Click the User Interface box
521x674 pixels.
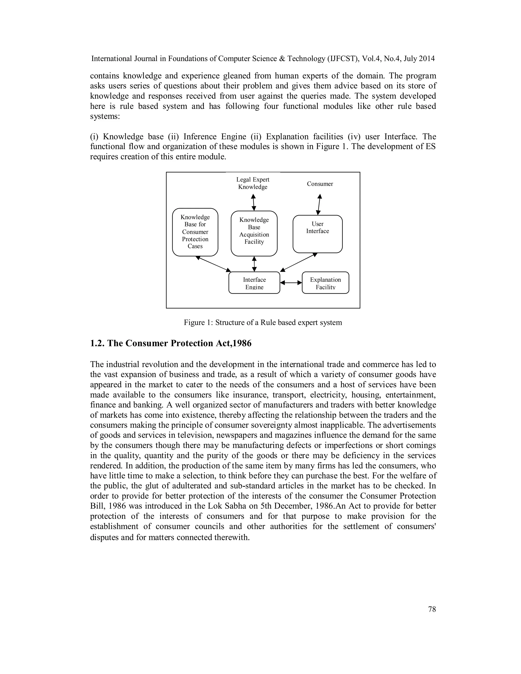tap(317, 234)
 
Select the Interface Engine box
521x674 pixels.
tap(254, 283)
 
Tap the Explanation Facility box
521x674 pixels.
tap(325, 283)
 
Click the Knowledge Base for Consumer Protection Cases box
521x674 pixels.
tap(195, 232)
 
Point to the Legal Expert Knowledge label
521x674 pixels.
tap(253, 183)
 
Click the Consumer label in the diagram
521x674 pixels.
tap(320, 184)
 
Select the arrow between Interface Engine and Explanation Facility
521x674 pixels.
tap(291, 282)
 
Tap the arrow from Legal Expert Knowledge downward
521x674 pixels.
tap(253, 202)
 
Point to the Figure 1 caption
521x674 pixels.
tap(263, 323)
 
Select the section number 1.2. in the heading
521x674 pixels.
tap(97, 343)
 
